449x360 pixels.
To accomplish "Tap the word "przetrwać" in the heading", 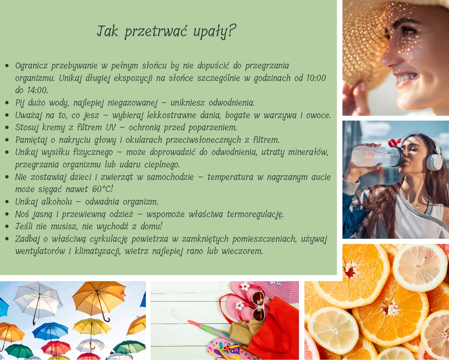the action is [x=156, y=32].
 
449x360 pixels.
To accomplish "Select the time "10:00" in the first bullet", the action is [x=316, y=78].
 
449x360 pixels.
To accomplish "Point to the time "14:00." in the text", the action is [x=38, y=90].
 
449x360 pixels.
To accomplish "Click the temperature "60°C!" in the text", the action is [x=102, y=189].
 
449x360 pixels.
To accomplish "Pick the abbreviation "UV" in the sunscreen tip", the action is [x=111, y=127].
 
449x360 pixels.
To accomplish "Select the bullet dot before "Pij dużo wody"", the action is [x=7, y=103].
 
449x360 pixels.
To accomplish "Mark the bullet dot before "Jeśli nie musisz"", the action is [x=7, y=227].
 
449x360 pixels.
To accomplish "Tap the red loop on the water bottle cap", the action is [x=394, y=142].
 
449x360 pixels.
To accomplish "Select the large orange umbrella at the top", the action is [x=99, y=299].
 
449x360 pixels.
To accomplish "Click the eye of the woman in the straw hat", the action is [x=408, y=31].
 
